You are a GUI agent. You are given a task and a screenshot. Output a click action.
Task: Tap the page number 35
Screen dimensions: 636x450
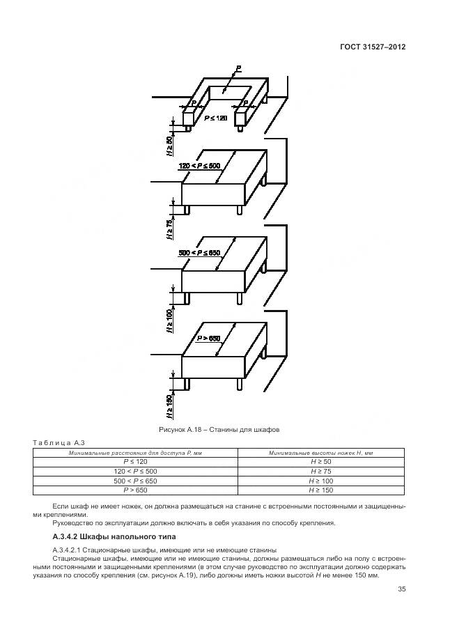(x=401, y=589)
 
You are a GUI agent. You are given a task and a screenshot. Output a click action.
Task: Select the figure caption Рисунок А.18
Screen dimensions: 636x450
(x=219, y=430)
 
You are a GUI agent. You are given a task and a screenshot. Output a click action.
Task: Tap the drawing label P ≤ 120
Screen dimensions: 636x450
(x=216, y=118)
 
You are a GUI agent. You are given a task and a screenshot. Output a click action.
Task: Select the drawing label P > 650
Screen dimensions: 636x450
(x=208, y=338)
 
